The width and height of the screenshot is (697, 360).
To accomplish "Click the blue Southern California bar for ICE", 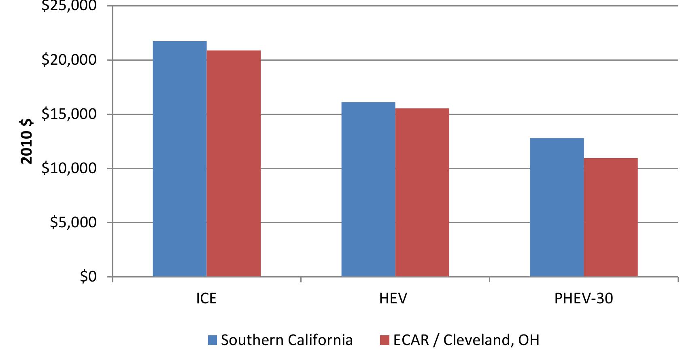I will (180, 159).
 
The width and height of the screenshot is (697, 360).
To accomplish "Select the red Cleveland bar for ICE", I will (234, 163).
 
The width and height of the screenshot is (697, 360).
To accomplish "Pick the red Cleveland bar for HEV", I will (422, 193).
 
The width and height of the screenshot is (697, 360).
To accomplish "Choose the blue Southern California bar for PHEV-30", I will (557, 208).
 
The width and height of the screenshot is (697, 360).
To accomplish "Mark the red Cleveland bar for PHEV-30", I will (611, 217).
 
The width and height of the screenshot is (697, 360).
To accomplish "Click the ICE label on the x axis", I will (206, 299).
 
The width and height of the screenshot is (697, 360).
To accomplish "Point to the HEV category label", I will (393, 299).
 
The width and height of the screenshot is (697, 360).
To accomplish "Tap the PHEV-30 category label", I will (584, 299).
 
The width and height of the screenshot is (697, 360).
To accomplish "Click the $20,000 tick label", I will (69, 60).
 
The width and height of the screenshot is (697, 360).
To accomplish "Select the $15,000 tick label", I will (69, 114).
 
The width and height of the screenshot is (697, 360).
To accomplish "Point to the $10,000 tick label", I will (69, 168).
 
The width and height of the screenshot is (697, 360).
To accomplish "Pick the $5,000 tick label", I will (73, 222).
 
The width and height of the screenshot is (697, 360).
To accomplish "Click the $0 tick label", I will (88, 277).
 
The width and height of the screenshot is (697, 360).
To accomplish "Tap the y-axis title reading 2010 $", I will (27, 142).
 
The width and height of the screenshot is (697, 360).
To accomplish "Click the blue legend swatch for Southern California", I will (213, 340).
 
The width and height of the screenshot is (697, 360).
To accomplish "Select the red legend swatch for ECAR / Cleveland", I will (385, 340).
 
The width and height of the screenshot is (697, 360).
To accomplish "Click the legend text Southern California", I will (287, 340).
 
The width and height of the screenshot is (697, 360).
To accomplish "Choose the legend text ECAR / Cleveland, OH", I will (466, 340).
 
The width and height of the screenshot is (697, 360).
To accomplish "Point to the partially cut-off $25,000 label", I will (69, 5).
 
